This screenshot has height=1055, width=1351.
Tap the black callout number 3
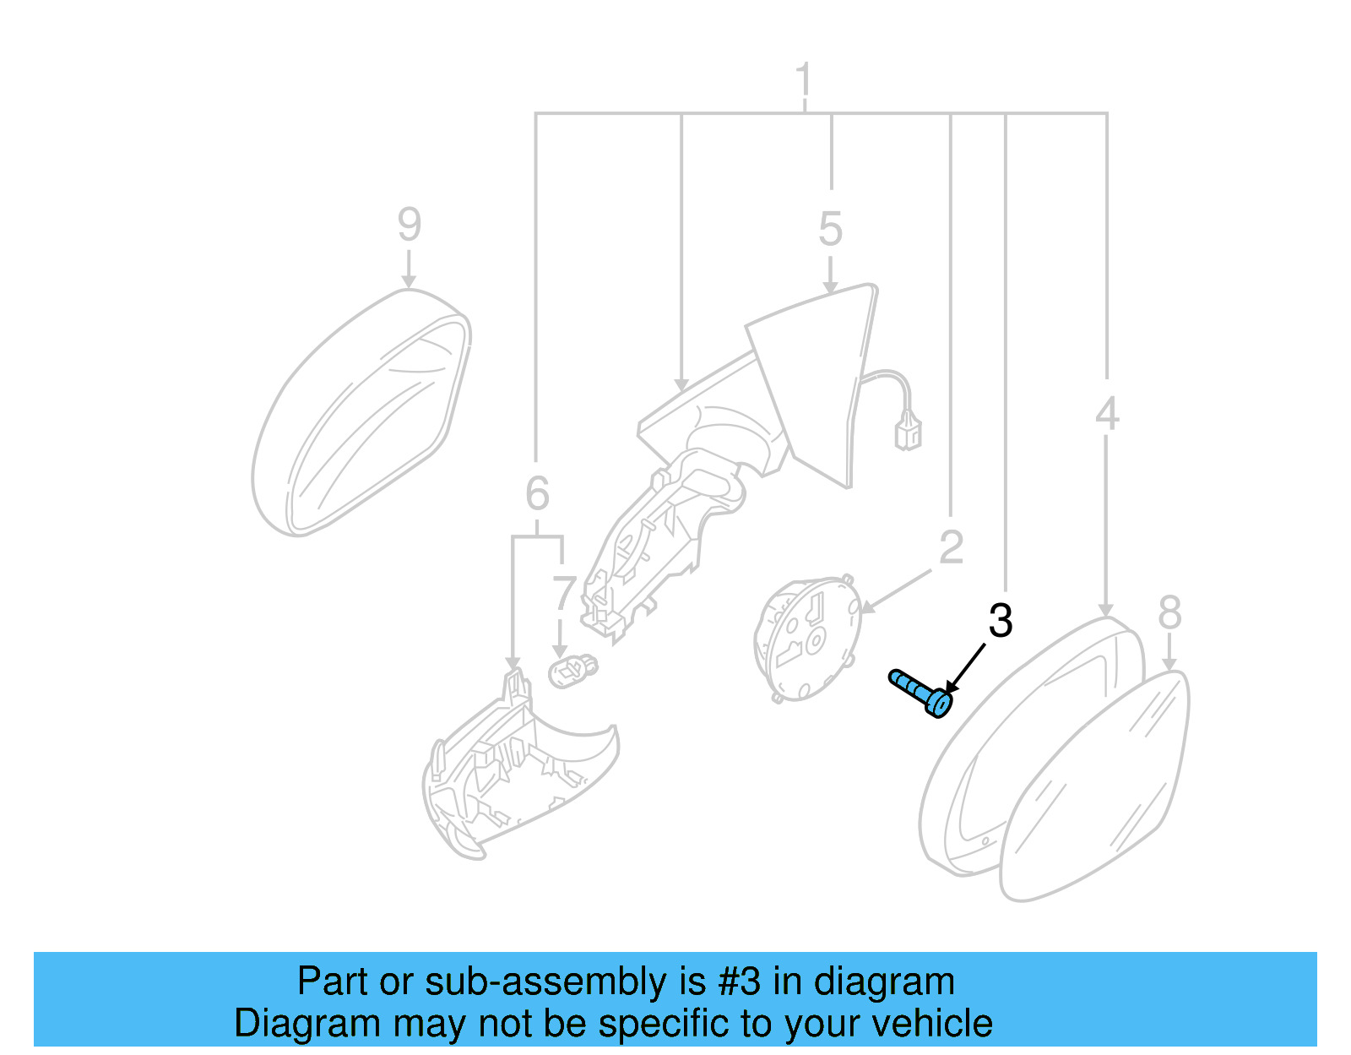pyautogui.click(x=1000, y=622)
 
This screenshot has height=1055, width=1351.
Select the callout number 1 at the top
pyautogui.click(x=804, y=81)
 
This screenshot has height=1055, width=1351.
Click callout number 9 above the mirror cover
pyautogui.click(x=409, y=225)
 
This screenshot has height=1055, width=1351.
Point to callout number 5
pyautogui.click(x=830, y=230)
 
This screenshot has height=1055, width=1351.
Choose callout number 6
pyautogui.click(x=537, y=494)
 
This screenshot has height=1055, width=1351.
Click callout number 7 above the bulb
pyautogui.click(x=563, y=595)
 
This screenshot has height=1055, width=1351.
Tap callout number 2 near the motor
pyautogui.click(x=951, y=548)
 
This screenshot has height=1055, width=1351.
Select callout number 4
pyautogui.click(x=1106, y=414)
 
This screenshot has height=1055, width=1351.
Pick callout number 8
pyautogui.click(x=1169, y=612)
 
